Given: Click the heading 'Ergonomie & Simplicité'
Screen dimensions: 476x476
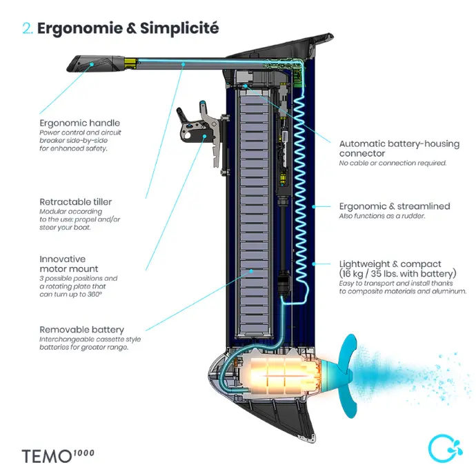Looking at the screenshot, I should (128, 28).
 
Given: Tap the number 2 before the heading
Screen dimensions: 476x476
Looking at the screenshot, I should (27, 29).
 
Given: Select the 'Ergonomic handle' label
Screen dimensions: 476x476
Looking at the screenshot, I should (79, 123).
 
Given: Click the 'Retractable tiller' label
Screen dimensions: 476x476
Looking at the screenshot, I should (75, 202).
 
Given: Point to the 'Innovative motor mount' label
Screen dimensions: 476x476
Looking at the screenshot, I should (69, 264).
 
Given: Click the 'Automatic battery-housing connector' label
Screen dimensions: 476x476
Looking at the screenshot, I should (399, 148).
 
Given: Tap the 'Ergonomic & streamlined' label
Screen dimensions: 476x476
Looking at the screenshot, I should (394, 206).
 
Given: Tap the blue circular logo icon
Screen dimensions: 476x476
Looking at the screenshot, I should (440, 448).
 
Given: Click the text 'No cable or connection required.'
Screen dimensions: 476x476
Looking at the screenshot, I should (393, 163).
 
